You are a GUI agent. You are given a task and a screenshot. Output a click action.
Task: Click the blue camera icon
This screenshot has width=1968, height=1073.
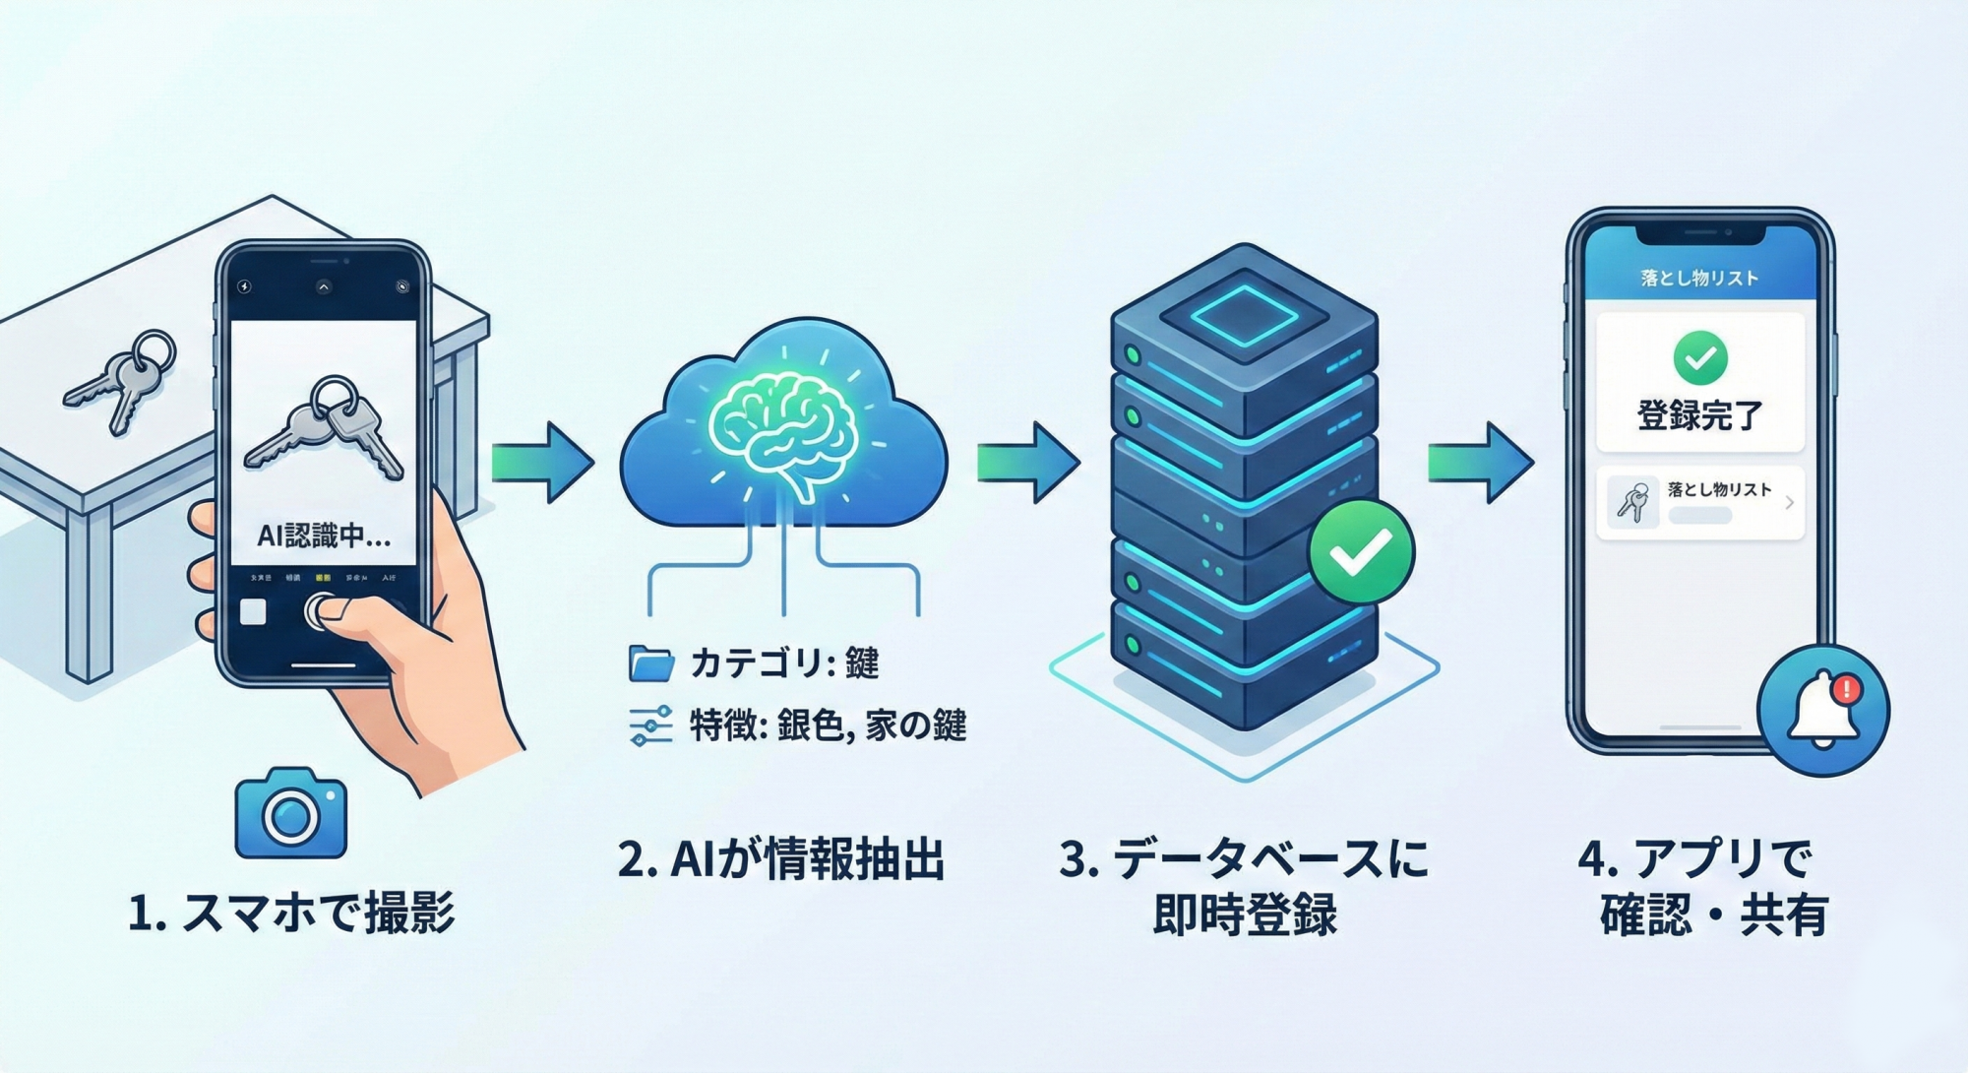pos(291,815)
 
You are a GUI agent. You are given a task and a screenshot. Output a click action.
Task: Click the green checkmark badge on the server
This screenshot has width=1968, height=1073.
pos(1361,552)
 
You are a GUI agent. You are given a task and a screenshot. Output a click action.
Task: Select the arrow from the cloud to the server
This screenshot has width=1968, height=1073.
pos(1028,463)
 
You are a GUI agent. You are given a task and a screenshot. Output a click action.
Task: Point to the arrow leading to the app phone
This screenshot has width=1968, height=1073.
pos(1480,463)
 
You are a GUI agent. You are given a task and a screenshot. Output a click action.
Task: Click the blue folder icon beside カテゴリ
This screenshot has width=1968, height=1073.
pos(650,664)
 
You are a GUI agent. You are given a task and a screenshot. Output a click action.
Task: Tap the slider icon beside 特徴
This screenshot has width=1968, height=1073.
pos(650,726)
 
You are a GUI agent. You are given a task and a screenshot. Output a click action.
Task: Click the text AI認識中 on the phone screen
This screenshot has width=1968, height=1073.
pos(323,536)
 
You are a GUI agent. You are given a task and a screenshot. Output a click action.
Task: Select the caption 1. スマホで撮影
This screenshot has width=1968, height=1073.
pos(291,913)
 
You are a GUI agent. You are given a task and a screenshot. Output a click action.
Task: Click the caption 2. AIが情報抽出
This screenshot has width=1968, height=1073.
pos(781,858)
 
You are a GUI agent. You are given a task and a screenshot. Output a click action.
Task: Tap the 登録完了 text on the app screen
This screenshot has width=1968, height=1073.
pos(1699,415)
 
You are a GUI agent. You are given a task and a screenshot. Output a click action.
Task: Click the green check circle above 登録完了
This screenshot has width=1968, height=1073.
pos(1699,358)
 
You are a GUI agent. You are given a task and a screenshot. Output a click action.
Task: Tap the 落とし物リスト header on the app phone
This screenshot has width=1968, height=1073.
pos(1699,279)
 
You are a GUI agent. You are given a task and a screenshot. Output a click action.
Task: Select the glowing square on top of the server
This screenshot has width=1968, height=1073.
pos(1245,315)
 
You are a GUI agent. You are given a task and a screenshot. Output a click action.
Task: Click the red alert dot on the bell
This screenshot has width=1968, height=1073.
pos(1846,688)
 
